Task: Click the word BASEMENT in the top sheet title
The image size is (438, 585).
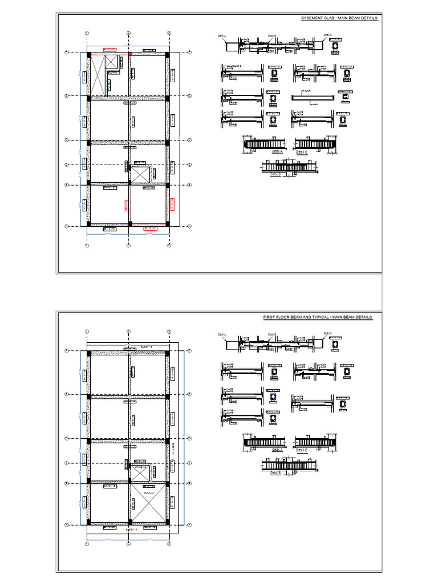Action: click(311, 19)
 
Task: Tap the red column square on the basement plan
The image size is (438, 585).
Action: click(130, 54)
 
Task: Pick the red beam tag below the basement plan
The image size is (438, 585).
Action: click(151, 229)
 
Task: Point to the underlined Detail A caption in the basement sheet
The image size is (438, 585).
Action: click(277, 151)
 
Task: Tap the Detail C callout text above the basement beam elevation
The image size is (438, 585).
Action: click(327, 35)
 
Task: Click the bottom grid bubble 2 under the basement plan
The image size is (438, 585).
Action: click(128, 246)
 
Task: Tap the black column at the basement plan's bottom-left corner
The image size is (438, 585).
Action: click(88, 225)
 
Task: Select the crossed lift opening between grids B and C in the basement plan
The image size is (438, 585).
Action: click(140, 174)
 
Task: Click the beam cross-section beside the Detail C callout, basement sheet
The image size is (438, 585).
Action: click(337, 46)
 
